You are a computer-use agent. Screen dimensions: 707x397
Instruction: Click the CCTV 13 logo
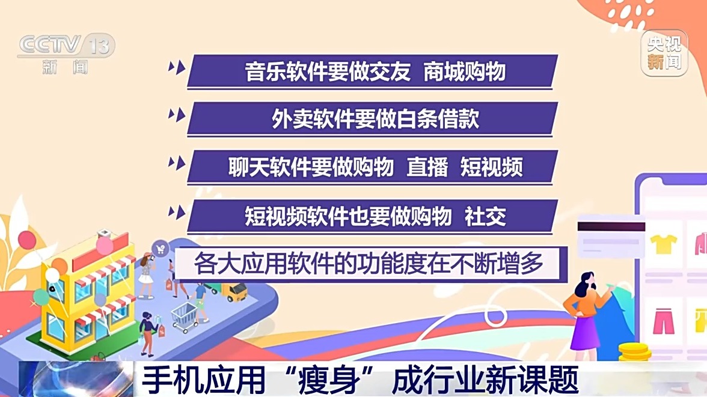click(x=66, y=53)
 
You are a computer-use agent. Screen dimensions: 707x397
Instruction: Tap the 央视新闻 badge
click(x=664, y=53)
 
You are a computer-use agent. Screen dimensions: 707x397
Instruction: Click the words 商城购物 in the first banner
click(x=464, y=71)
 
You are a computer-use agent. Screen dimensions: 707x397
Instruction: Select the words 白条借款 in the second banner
click(x=438, y=119)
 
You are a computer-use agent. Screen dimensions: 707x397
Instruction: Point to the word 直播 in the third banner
click(x=427, y=168)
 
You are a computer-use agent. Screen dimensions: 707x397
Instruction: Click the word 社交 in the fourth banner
click(x=485, y=217)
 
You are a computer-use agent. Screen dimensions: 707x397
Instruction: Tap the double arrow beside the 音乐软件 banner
click(x=177, y=68)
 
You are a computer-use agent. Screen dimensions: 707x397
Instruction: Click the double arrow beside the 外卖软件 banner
click(x=177, y=115)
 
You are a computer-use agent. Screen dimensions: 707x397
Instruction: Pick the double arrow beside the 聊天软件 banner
click(x=177, y=163)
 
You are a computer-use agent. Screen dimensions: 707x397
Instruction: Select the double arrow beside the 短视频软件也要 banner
click(x=177, y=212)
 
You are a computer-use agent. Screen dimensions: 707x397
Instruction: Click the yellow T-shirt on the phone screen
click(x=663, y=244)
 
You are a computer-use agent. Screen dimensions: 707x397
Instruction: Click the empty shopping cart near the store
click(x=185, y=317)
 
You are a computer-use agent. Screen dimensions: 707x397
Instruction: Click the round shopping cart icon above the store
click(x=160, y=248)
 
